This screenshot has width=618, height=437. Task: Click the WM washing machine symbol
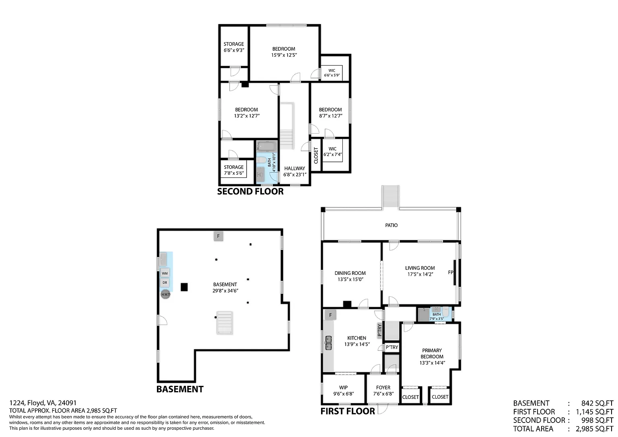point(165,273)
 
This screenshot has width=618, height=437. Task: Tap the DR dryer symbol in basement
point(165,282)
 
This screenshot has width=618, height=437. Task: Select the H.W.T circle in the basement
point(165,295)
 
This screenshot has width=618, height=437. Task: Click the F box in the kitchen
point(330,315)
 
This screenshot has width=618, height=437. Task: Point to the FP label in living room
point(451,272)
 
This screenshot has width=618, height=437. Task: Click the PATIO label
point(391,225)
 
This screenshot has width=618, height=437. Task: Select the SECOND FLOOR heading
point(250,192)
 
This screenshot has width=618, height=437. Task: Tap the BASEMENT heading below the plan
point(180,389)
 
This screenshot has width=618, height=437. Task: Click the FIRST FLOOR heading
point(348,411)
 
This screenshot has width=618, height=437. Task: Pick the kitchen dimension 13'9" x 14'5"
point(357,344)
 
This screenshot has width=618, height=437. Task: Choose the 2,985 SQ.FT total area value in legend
point(594,429)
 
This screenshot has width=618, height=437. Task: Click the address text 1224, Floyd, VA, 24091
point(43,403)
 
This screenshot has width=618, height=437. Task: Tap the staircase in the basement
point(225,323)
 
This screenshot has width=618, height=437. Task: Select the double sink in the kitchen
point(328,343)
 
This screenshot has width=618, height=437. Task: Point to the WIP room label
point(344,388)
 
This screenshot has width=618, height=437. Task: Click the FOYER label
point(383,388)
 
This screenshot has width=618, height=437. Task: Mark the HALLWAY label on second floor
point(295,168)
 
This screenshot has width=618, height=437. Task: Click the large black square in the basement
point(184,287)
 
